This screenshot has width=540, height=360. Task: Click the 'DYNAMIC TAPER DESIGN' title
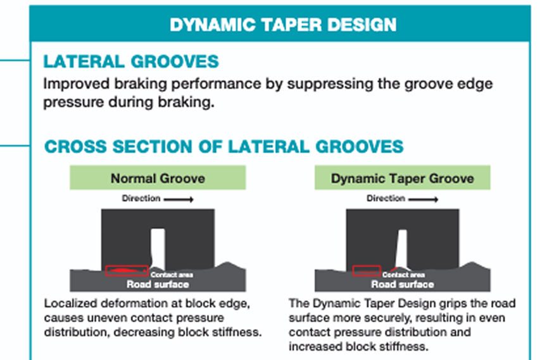283,25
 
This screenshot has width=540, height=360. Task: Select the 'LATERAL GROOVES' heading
131,61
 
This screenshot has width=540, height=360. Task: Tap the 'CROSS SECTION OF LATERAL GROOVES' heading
224,146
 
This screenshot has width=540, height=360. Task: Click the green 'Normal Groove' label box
158,178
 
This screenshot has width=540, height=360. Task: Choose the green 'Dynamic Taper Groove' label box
402,178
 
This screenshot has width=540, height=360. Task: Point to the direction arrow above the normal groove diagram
179,199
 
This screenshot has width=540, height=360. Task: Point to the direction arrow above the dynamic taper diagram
424,199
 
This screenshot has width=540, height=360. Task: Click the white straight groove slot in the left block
158,249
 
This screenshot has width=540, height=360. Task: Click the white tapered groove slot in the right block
401,249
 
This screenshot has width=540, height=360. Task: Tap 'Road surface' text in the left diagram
158,284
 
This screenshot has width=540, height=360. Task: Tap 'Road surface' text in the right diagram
402,284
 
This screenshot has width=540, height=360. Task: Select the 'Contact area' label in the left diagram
172,275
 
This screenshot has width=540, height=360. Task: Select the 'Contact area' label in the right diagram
403,275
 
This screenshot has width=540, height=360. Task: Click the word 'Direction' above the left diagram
141,198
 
